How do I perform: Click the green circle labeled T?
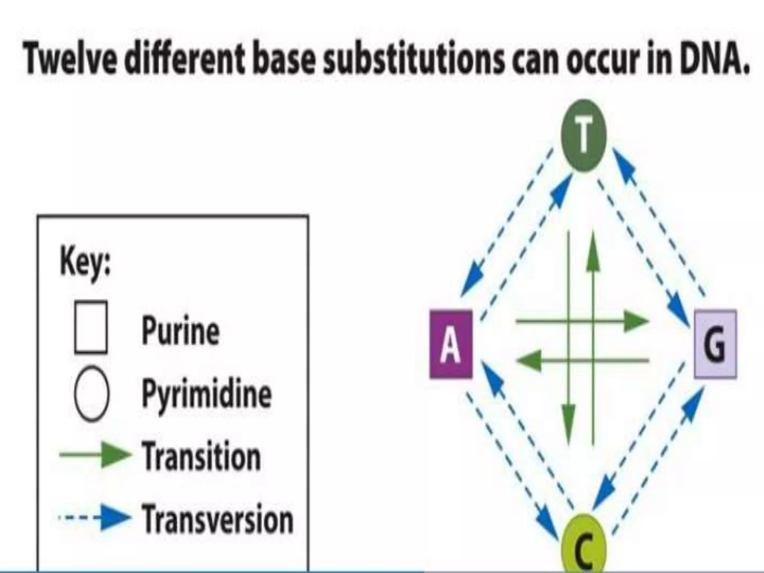tap(584, 135)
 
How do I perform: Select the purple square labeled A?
tap(451, 344)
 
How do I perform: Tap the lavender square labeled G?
tap(715, 344)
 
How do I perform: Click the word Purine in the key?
tap(181, 331)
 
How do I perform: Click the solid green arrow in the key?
tap(95, 455)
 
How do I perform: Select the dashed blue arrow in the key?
tap(95, 518)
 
